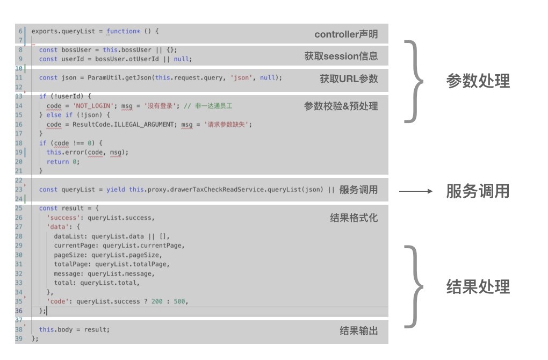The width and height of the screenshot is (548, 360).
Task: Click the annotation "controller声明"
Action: point(346,34)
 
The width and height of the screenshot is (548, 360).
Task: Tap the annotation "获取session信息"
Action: point(341,56)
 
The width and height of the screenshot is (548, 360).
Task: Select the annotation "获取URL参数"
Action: point(349,78)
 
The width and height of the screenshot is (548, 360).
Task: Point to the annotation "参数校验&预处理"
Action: point(341,106)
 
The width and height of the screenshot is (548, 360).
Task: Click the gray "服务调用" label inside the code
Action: point(358,189)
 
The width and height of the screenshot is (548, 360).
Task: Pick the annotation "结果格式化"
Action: point(354,218)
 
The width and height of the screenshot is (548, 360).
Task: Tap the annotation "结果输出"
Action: point(358,330)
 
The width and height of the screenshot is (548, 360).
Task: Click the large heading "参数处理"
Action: point(478,81)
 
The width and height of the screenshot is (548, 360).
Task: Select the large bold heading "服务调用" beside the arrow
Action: point(478,191)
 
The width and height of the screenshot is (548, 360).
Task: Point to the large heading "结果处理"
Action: point(478,286)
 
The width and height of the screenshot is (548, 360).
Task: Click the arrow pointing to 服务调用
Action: point(416,191)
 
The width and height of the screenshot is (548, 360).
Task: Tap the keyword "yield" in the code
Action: point(116,189)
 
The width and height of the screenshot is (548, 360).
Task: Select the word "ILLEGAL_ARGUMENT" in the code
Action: point(145,124)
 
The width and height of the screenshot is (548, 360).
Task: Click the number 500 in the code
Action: point(180,301)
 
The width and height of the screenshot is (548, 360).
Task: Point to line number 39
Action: point(19,339)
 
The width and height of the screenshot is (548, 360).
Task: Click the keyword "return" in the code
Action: point(57,161)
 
